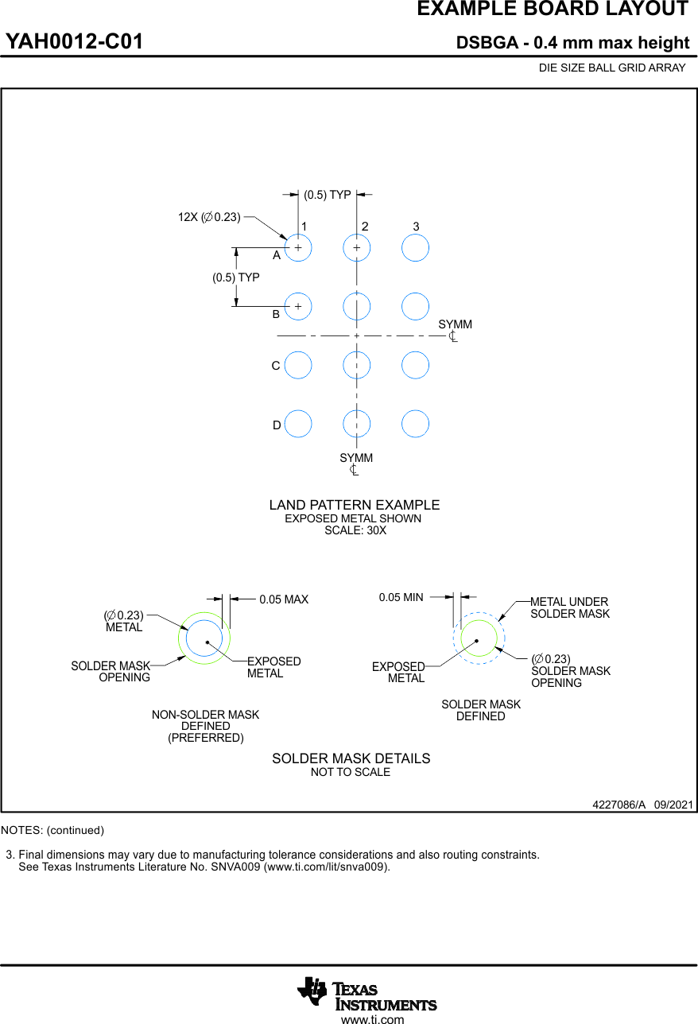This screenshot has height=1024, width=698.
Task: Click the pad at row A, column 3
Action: tap(415, 248)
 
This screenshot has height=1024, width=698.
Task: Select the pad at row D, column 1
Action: tap(298, 424)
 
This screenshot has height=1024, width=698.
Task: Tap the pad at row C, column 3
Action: tap(415, 365)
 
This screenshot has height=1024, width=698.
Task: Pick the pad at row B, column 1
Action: tap(298, 306)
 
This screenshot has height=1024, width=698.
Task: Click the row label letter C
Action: tap(276, 366)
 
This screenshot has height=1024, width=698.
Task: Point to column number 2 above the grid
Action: tap(365, 227)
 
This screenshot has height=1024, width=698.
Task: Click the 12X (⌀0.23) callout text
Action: tap(209, 217)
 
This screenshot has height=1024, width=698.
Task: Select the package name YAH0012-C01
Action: tap(75, 42)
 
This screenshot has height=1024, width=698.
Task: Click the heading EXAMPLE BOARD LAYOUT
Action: tap(553, 10)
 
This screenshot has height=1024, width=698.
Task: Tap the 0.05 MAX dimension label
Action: tap(284, 599)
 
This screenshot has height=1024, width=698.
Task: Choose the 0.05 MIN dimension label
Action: tap(401, 597)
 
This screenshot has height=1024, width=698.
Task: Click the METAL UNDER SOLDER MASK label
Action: tap(569, 607)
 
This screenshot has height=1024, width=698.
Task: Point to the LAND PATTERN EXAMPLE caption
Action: tap(354, 505)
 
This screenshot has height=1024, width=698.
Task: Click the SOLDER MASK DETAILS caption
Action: tap(351, 758)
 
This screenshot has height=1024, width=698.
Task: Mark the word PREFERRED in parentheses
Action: tap(205, 738)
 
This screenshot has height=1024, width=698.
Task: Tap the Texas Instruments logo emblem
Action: tap(312, 991)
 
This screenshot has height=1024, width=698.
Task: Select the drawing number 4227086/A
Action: tap(619, 805)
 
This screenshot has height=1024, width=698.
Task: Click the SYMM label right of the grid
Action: tap(455, 324)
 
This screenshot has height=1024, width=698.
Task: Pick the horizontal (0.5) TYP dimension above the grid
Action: tap(328, 195)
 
